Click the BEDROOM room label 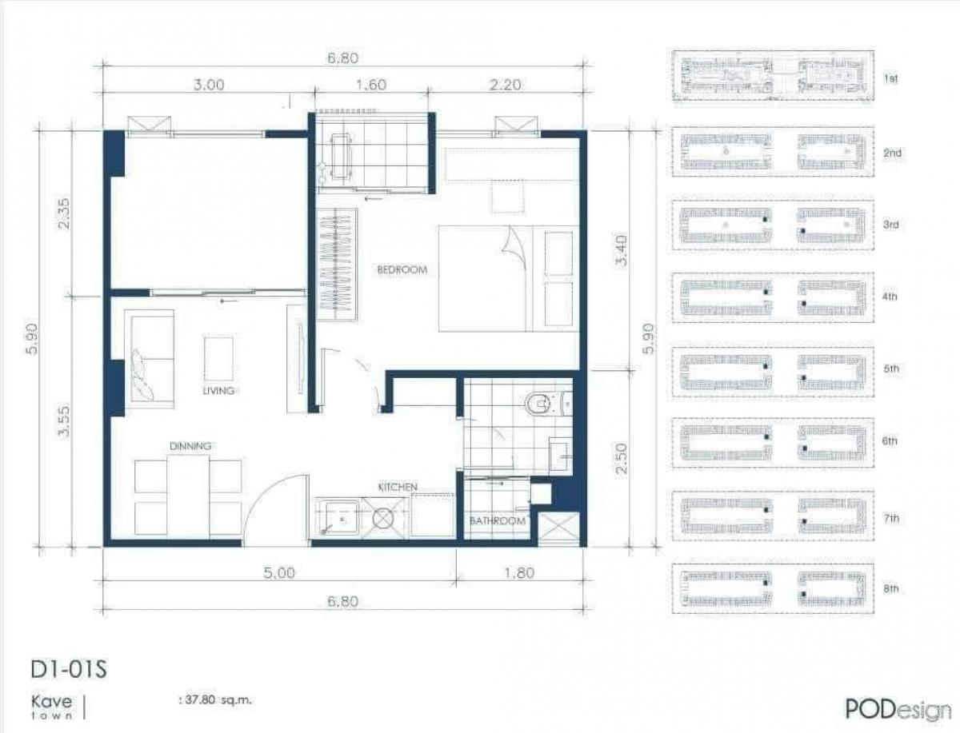tap(402, 270)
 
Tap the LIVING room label tap(218, 391)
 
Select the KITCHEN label tap(398, 486)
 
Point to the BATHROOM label tap(498, 521)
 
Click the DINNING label tap(190, 446)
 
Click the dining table tap(188, 496)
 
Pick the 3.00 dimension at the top tap(210, 86)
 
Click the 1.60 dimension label tap(370, 86)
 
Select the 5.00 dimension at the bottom tap(279, 572)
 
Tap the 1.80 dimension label tap(519, 572)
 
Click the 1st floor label tap(891, 79)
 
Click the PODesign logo tap(886, 707)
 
